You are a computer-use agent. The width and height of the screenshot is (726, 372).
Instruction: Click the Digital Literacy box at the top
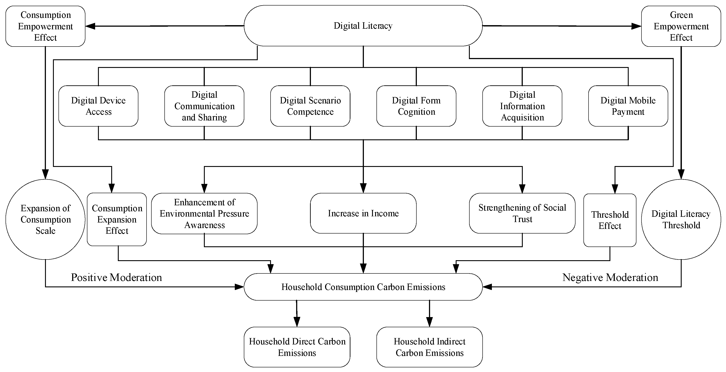click(363, 26)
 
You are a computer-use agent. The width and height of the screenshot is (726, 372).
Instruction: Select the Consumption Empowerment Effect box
click(45, 26)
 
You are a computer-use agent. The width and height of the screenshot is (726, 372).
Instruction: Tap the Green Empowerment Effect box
click(681, 26)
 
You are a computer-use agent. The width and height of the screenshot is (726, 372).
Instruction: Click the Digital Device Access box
click(98, 106)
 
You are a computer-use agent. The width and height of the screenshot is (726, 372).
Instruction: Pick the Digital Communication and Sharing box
click(204, 106)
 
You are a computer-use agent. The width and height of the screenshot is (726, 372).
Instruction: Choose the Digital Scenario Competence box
click(310, 106)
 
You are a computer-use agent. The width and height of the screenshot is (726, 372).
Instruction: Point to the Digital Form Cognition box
click(416, 106)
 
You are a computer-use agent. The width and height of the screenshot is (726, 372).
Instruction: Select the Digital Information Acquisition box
click(522, 106)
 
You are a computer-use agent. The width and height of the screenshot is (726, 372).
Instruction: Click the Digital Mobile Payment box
click(628, 106)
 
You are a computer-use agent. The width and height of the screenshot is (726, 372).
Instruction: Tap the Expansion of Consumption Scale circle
click(45, 219)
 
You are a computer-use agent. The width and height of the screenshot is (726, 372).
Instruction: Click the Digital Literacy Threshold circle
click(681, 219)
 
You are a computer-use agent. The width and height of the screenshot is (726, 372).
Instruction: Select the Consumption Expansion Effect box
click(117, 219)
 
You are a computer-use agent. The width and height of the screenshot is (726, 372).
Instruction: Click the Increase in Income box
click(363, 213)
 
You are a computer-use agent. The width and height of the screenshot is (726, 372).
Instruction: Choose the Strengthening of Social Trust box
click(522, 213)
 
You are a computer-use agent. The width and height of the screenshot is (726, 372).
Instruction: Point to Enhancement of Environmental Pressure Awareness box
click(204, 213)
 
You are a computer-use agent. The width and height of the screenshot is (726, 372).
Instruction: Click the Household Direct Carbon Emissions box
click(297, 347)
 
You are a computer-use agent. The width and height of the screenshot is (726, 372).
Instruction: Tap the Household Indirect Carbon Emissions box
click(429, 347)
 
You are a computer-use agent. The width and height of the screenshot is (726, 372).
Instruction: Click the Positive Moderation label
click(116, 277)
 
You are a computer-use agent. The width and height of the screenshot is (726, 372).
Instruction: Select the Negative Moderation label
click(610, 277)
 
